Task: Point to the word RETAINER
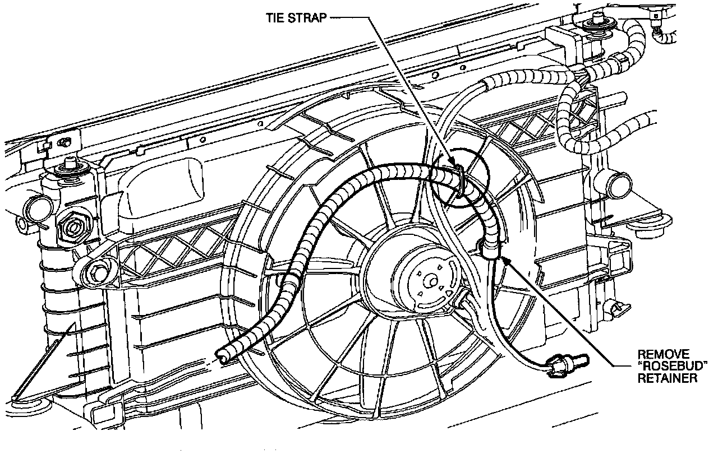(x=667, y=378)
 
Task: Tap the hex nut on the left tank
(x=73, y=226)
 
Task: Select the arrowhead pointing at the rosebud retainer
(x=507, y=260)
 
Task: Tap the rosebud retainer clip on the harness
(x=487, y=248)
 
